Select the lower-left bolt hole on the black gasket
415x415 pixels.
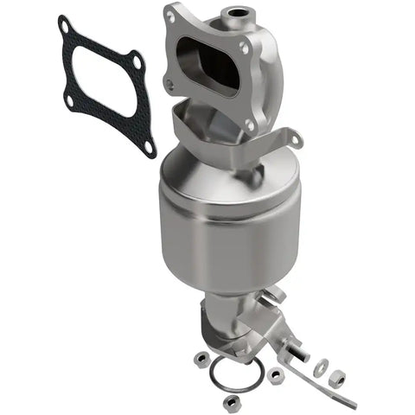69,101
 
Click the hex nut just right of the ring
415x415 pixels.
277,376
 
